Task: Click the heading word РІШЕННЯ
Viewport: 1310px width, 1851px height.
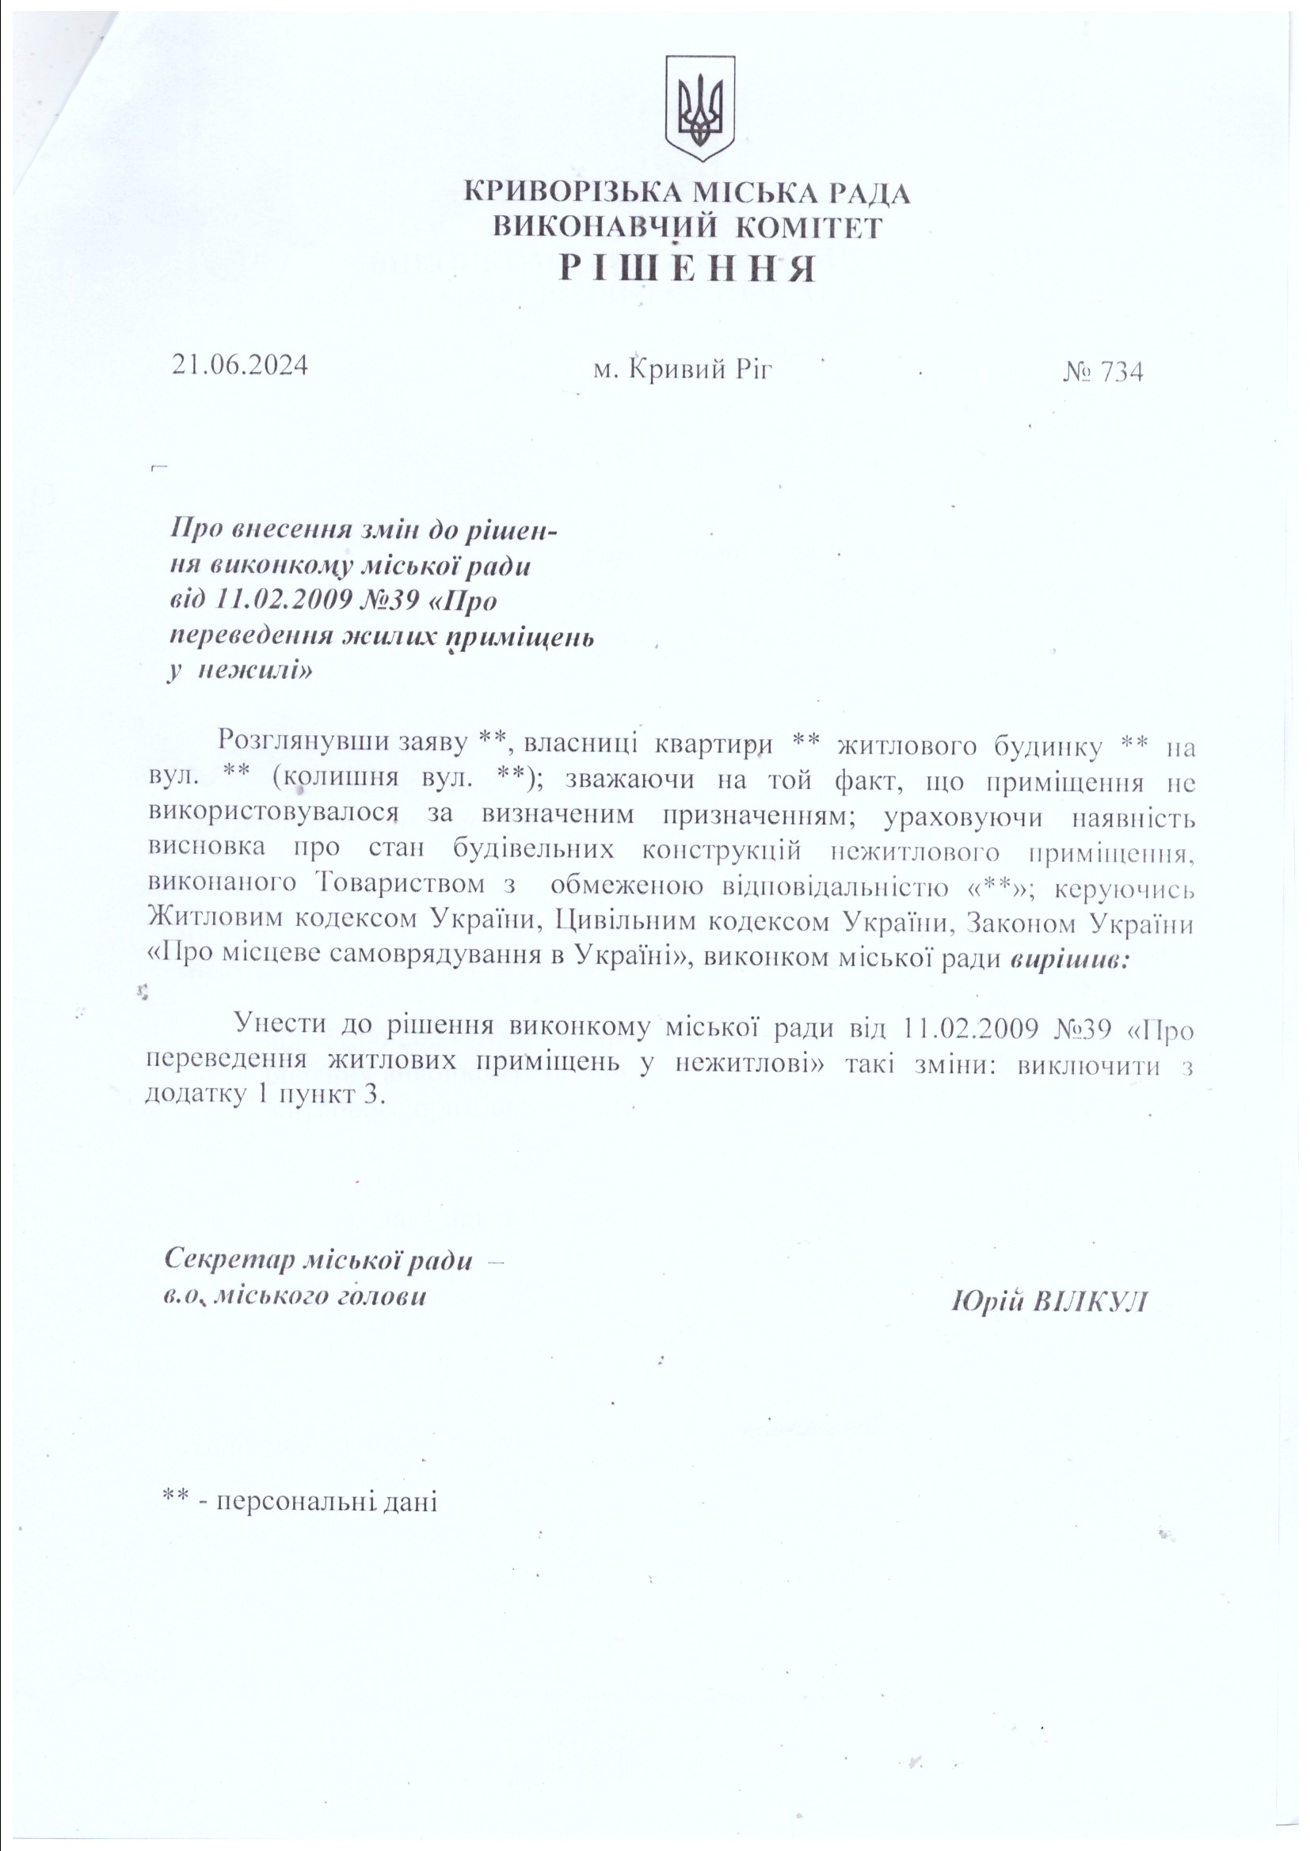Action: point(687,269)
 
